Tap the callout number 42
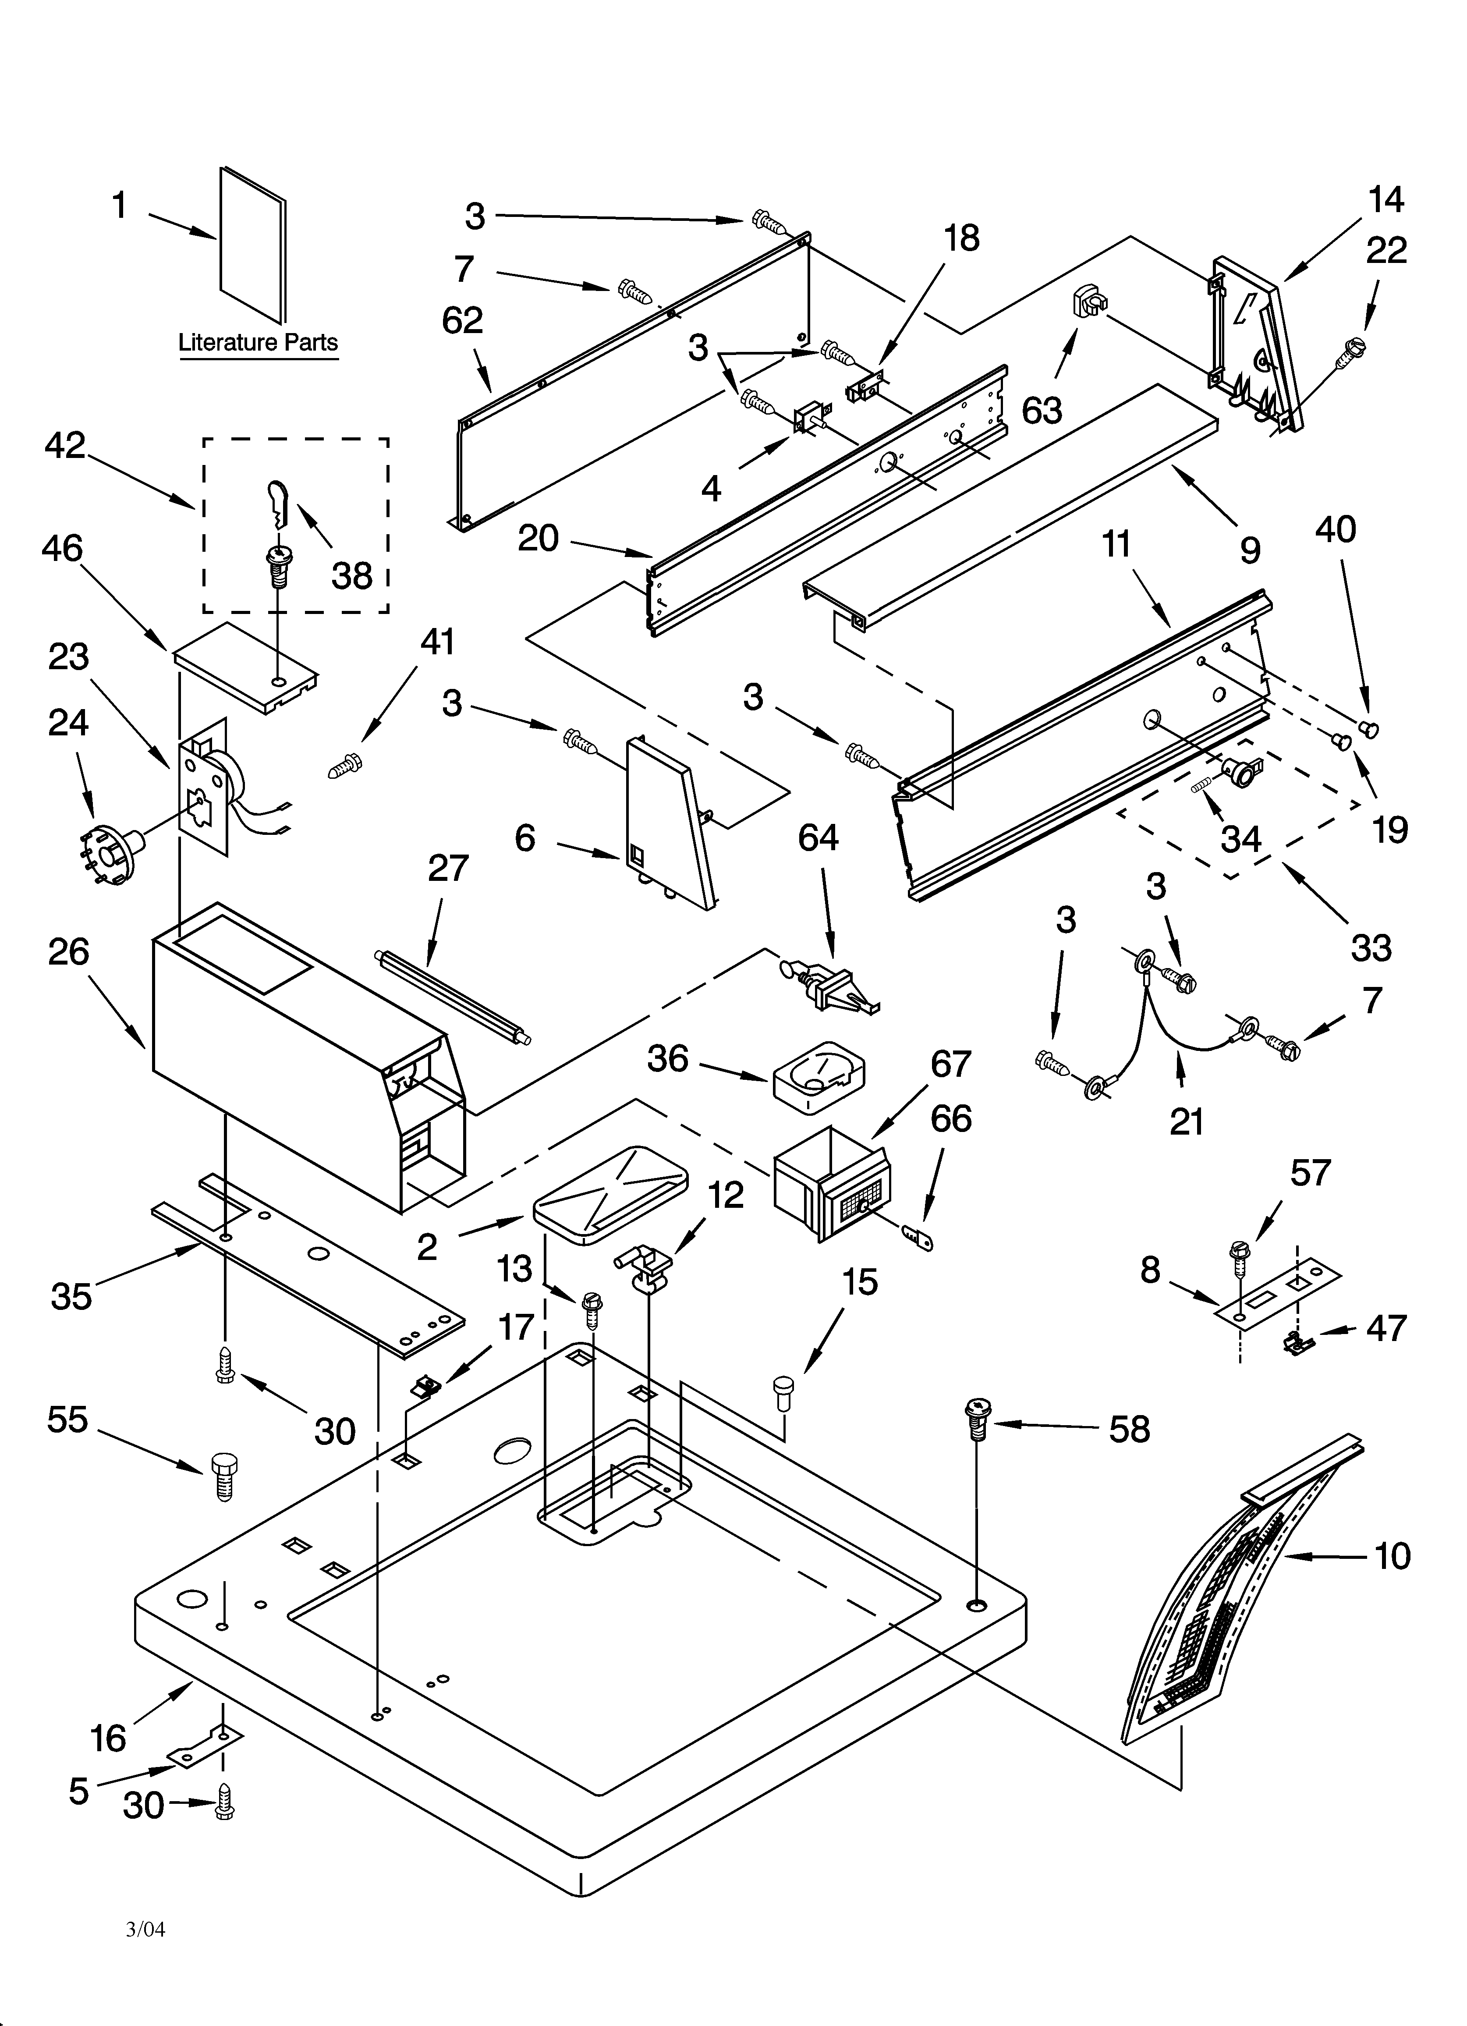point(65,445)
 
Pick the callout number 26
point(69,952)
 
